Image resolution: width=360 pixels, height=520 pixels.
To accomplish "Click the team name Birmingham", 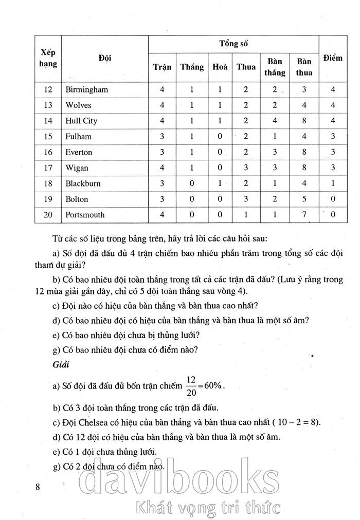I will click(87, 89).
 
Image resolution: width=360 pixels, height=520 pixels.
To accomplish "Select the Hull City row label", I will click(81, 121).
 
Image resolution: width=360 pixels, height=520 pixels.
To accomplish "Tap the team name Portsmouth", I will click(85, 215).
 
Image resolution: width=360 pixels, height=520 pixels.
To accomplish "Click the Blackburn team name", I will click(83, 183).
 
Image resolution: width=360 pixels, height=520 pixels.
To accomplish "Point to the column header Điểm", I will click(333, 58).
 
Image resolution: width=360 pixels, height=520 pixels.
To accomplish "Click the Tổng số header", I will click(233, 43).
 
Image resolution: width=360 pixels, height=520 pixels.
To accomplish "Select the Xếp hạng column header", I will click(48, 58).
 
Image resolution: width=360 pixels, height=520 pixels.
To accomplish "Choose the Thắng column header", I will click(192, 67).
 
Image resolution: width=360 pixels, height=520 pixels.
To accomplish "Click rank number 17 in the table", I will click(48, 168).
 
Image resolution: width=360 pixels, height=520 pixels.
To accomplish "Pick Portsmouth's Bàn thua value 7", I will click(304, 215).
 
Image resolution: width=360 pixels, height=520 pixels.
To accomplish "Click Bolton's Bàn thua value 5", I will click(304, 199).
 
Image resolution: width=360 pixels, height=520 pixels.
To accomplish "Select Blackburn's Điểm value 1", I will click(333, 183).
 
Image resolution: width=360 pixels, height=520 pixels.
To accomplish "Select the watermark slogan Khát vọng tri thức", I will click(206, 508).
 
